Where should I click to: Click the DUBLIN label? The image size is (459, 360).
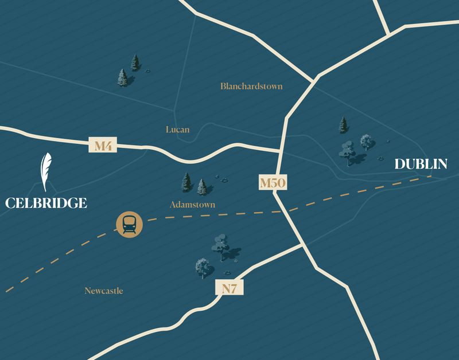point(421,165)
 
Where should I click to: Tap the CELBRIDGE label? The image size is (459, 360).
point(46,202)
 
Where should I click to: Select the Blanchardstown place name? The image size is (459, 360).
point(251,86)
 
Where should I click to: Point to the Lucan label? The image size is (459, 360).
point(177,130)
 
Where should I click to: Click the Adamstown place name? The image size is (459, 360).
point(192,205)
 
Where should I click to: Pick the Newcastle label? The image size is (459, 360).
point(104,291)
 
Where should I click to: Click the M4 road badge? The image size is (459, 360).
point(103,146)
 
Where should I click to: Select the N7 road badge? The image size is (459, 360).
point(229,288)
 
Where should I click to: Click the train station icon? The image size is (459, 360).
point(130,224)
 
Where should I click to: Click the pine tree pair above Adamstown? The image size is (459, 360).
point(193,184)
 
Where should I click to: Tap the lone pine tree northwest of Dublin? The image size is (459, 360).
point(343,125)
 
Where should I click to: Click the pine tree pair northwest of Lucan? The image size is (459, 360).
point(129,71)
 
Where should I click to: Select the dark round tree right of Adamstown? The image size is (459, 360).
point(221,244)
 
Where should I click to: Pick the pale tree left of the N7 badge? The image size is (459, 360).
point(202,267)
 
